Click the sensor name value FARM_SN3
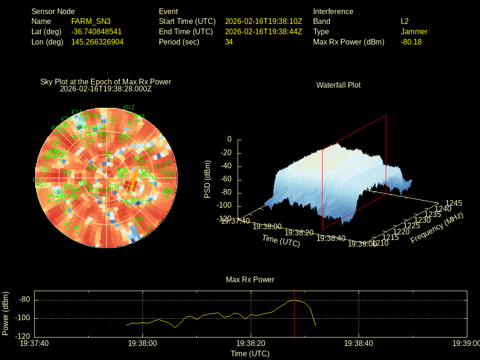click(x=91, y=22)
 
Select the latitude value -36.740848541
click(x=97, y=32)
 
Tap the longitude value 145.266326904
click(x=97, y=42)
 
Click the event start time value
click(x=263, y=22)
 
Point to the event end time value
click(x=263, y=32)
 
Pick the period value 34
click(x=229, y=42)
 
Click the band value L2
click(x=405, y=22)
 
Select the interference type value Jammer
click(x=414, y=32)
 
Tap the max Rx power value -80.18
click(x=411, y=42)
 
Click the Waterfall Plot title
click(x=338, y=85)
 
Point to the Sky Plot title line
click(x=106, y=82)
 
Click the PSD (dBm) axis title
click(x=208, y=180)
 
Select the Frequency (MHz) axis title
click(x=437, y=228)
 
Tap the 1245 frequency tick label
click(x=453, y=203)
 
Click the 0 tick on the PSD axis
click(x=229, y=140)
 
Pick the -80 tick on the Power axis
click(x=25, y=300)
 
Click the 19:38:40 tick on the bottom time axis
click(x=359, y=344)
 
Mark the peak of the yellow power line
click(x=294, y=300)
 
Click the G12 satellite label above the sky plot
click(x=129, y=107)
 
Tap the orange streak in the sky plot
click(x=134, y=180)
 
